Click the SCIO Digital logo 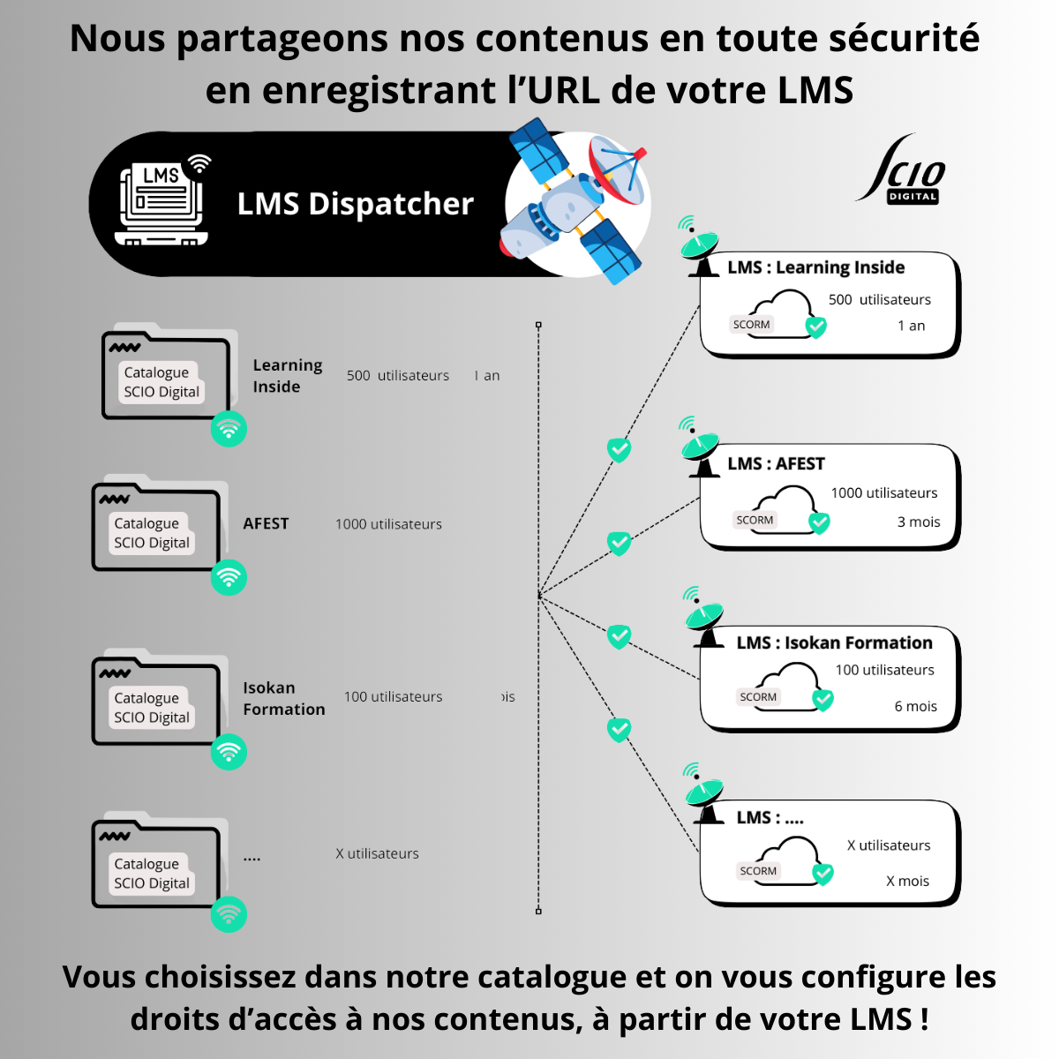(x=903, y=171)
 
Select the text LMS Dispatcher (x=355, y=204)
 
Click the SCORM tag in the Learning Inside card (x=752, y=325)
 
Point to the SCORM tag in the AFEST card (x=755, y=520)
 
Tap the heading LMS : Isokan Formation (x=834, y=642)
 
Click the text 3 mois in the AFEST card (x=919, y=522)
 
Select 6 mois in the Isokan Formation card (x=916, y=706)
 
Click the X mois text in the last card (x=907, y=881)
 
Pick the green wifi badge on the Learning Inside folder (x=229, y=429)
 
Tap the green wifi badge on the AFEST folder (x=229, y=578)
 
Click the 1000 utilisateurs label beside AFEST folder (x=388, y=524)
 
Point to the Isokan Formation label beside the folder (x=283, y=698)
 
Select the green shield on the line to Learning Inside (x=620, y=450)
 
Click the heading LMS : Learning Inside (x=815, y=267)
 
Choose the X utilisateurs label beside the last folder (x=377, y=853)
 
